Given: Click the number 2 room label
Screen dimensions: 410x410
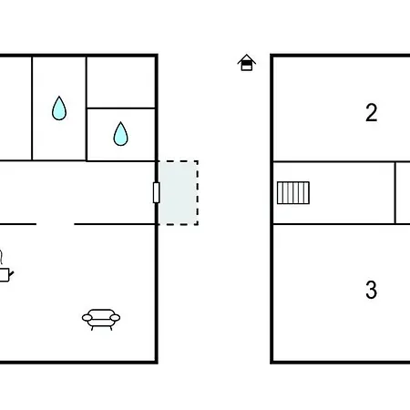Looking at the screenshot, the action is pyautogui.click(x=371, y=113).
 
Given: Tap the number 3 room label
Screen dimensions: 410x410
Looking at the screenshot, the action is pyautogui.click(x=371, y=290).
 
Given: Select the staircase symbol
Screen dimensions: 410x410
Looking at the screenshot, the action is pyautogui.click(x=293, y=193).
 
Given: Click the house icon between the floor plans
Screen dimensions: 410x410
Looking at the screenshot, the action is pyautogui.click(x=247, y=63).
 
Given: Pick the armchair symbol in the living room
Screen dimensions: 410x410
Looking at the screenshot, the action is pyautogui.click(x=101, y=320).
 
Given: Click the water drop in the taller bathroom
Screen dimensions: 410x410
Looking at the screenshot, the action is pyautogui.click(x=59, y=108).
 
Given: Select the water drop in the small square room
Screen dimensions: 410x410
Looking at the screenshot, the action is pyautogui.click(x=120, y=134).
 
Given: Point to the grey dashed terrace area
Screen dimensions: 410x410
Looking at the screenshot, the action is pyautogui.click(x=179, y=193).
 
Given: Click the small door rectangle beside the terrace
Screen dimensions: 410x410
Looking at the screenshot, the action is pyautogui.click(x=157, y=192).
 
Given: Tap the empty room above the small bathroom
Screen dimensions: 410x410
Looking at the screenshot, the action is pyautogui.click(x=121, y=82).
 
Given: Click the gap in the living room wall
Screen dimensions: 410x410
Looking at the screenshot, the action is pyautogui.click(x=56, y=224).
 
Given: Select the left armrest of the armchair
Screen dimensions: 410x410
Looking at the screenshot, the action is pyautogui.click(x=87, y=318).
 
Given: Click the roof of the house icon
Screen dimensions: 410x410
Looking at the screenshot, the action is pyautogui.click(x=247, y=58).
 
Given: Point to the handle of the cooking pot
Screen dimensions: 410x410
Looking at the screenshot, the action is pyautogui.click(x=12, y=275).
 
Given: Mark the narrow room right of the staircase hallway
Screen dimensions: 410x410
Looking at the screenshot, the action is pyautogui.click(x=403, y=193).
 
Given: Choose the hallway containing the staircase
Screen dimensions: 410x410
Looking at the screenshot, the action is pyautogui.click(x=333, y=193).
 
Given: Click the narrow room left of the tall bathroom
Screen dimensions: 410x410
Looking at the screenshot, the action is pyautogui.click(x=15, y=108).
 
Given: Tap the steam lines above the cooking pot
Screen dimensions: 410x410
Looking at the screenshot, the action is pyautogui.click(x=2, y=257).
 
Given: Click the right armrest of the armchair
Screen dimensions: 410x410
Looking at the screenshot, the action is pyautogui.click(x=115, y=318).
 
